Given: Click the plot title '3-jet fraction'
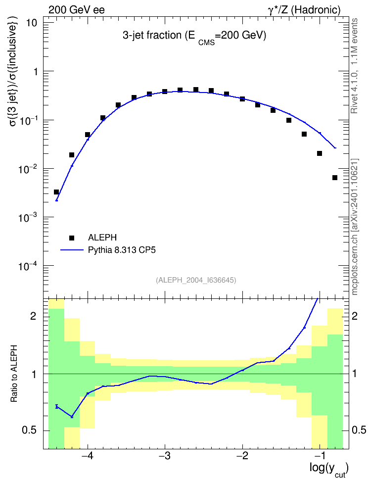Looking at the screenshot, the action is (152, 36).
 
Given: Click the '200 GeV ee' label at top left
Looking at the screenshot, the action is (76, 10).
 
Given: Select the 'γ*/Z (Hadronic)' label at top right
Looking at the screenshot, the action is (304, 10).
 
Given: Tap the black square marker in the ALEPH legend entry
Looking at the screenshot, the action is (72, 238).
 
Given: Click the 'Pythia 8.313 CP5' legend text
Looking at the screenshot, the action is (122, 250).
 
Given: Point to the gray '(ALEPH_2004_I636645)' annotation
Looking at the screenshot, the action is (196, 280).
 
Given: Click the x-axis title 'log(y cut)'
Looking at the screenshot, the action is (329, 470).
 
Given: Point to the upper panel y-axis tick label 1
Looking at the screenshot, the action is (36, 72).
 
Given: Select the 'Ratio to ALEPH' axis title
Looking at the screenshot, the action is (14, 374).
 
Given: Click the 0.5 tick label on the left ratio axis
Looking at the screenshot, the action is (30, 431).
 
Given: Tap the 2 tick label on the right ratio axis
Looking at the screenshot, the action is (355, 316).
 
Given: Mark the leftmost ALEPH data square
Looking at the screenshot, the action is (56, 192).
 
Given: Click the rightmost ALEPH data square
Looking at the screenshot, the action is (335, 178).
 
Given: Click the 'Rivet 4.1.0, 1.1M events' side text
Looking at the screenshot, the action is (354, 66).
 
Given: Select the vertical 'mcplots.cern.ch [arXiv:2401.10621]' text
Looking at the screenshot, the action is (355, 227).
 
